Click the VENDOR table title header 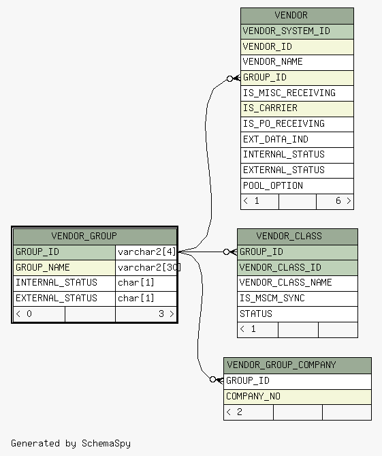(x=297, y=16)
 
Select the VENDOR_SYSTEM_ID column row (x=297, y=31)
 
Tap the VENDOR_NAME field (x=297, y=62)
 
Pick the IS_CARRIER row (x=297, y=109)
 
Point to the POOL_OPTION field (x=297, y=186)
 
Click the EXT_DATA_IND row (x=297, y=140)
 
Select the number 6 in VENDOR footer (x=338, y=200)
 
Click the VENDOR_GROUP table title (x=95, y=236)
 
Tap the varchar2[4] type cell (x=146, y=252)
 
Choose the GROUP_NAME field (x=64, y=268)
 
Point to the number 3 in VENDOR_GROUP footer (x=161, y=314)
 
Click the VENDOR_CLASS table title (x=298, y=237)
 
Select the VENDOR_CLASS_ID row (x=298, y=268)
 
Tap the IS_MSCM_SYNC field (x=298, y=299)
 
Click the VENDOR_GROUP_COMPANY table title (x=298, y=365)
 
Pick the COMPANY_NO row (x=298, y=397)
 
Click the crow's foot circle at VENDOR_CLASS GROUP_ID (x=227, y=252)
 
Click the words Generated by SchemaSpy (x=71, y=444)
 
